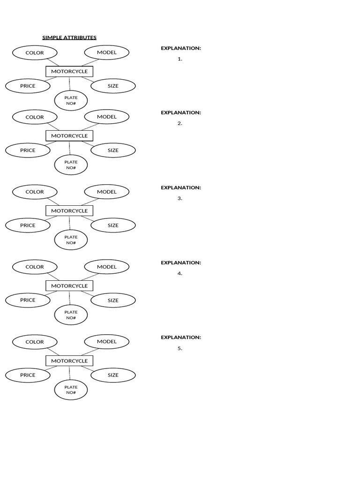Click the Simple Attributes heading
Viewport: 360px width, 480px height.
point(69,37)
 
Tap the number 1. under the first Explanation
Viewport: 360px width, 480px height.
point(180,59)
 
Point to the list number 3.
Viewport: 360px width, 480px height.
point(180,198)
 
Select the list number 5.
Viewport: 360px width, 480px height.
point(180,348)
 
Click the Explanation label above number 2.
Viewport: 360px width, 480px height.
point(181,112)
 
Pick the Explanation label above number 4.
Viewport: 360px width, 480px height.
point(181,262)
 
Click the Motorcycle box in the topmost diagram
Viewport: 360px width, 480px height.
point(69,71)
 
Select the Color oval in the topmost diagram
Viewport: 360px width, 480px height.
point(35,52)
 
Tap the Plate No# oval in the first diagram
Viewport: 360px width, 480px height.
point(71,100)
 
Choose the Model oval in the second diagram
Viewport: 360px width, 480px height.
point(107,117)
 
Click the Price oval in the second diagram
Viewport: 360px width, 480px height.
point(28,150)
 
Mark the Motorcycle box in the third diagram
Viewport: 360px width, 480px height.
point(69,210)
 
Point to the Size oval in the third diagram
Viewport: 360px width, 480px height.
point(113,225)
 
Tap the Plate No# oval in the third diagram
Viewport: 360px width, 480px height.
point(71,240)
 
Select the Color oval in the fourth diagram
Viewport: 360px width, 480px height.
point(35,267)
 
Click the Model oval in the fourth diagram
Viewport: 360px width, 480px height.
point(107,267)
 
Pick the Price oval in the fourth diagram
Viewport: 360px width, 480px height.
point(28,300)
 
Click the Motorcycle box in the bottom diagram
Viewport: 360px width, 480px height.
point(69,360)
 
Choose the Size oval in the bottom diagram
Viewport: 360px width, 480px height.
point(113,375)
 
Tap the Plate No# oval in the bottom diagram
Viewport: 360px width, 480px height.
point(71,390)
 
